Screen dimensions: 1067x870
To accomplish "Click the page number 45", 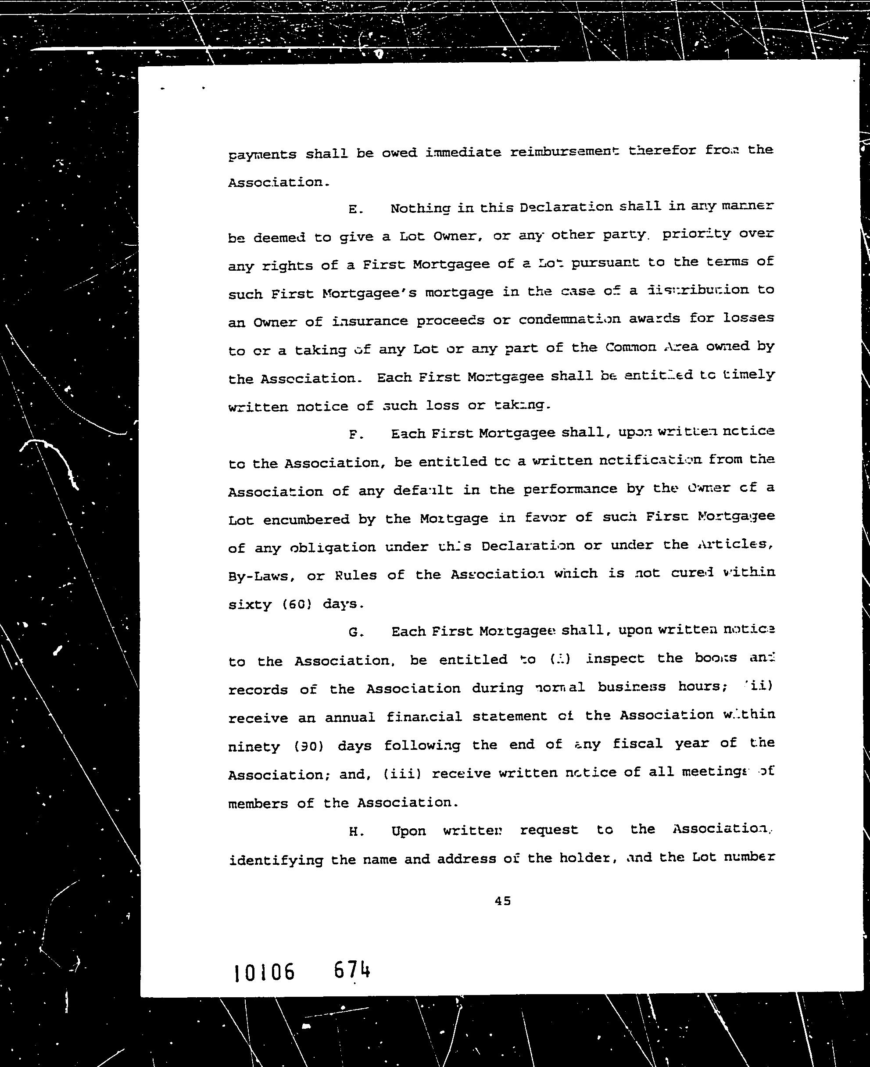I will click(503, 901).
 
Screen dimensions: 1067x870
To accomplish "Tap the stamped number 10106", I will click(265, 973).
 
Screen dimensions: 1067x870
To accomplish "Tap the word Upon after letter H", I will click(408, 831).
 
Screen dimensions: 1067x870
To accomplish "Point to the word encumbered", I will click(306, 520).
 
